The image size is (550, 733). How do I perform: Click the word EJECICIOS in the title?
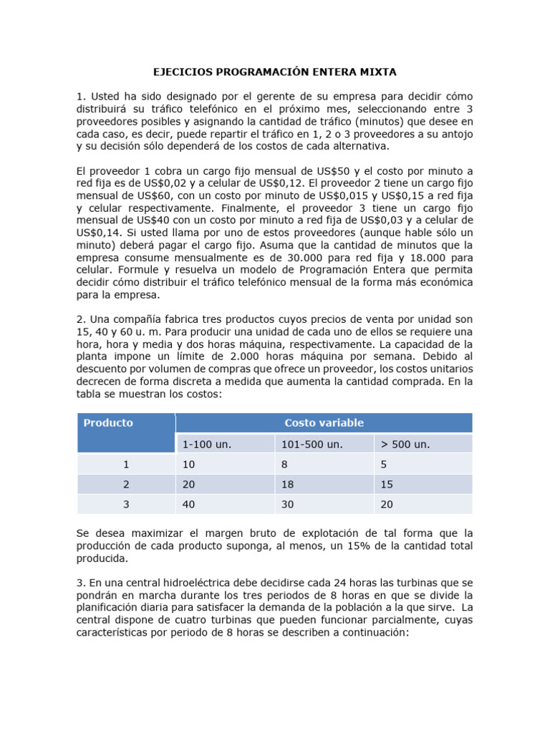[x=180, y=72]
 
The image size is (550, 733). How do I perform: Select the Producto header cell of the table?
[x=108, y=423]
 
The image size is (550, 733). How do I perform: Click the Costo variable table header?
[x=324, y=423]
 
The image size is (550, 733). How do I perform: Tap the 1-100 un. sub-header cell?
[x=207, y=444]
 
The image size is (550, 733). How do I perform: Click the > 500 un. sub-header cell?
[x=405, y=444]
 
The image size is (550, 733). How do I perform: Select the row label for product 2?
[x=126, y=484]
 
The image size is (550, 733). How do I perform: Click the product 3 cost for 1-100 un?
[x=189, y=504]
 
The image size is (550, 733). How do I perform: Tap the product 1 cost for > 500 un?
[x=384, y=465]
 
